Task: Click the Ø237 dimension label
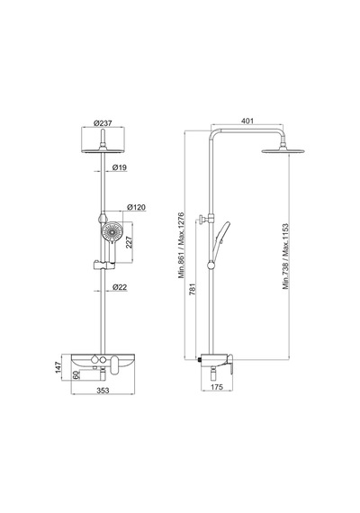[103, 123]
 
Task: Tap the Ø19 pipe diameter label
[120, 167]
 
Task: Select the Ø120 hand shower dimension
[137, 207]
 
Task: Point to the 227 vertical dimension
[129, 242]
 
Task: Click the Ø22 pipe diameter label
[120, 287]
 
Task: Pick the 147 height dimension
[58, 367]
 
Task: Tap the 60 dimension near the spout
[76, 375]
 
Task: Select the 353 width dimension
[103, 390]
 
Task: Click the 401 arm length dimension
[247, 121]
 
